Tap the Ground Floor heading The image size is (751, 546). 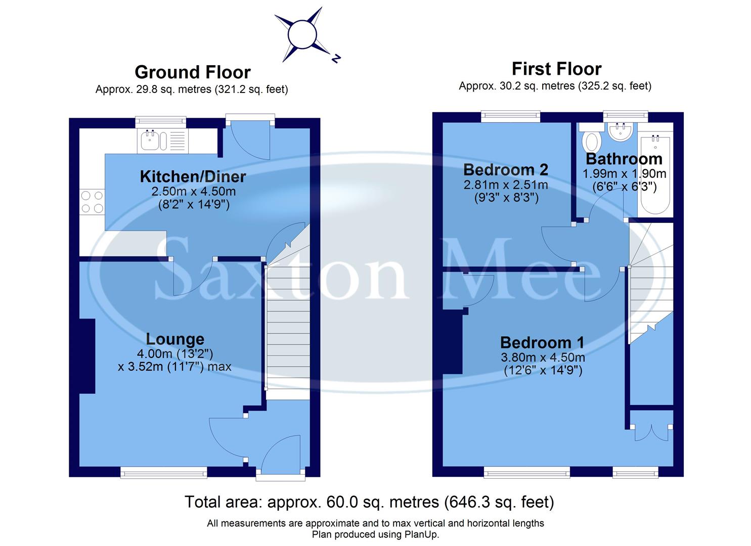click(192, 72)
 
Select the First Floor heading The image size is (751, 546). click(556, 68)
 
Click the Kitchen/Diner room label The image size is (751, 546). click(193, 176)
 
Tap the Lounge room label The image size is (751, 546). click(175, 339)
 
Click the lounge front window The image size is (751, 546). click(164, 472)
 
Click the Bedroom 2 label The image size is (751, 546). click(505, 169)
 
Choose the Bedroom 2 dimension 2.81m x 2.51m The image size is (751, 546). click(505, 185)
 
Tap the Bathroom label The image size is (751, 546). click(624, 159)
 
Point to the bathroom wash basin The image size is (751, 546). click(620, 132)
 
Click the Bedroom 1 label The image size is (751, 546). click(542, 343)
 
